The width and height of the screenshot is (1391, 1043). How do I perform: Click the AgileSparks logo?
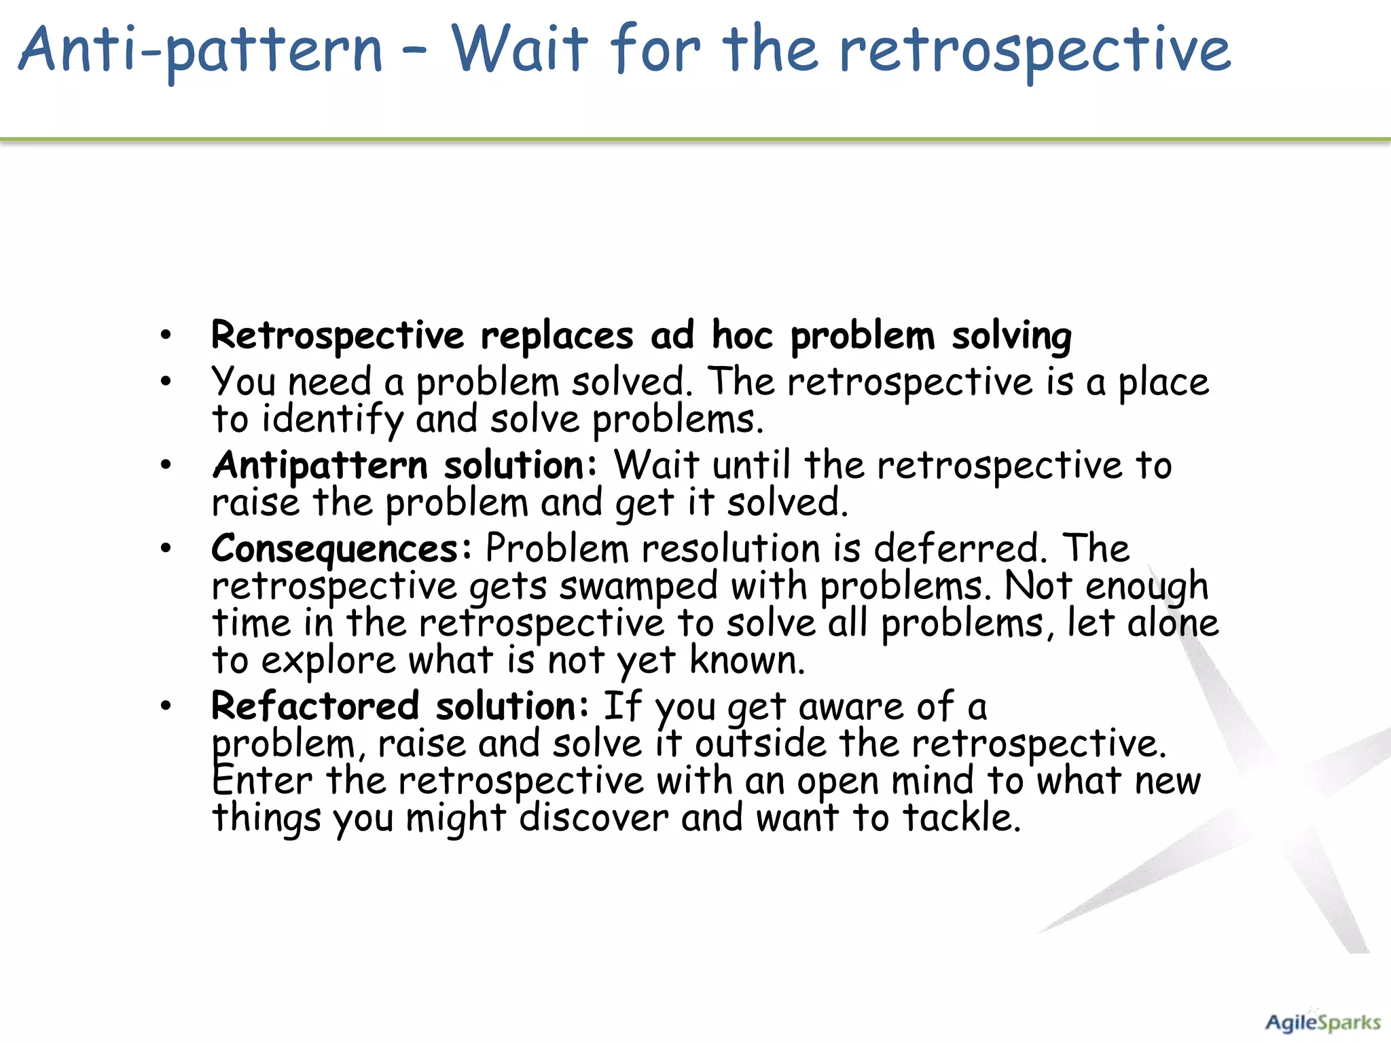[x=1322, y=1023]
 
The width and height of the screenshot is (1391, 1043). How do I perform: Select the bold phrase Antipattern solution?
[x=405, y=466]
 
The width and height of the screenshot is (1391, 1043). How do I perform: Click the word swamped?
[x=638, y=587]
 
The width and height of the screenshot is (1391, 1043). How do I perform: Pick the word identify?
[x=333, y=420]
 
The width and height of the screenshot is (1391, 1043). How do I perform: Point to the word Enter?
[x=262, y=781]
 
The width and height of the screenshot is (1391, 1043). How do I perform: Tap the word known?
[x=747, y=660]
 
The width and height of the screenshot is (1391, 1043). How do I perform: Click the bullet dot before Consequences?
[x=166, y=549]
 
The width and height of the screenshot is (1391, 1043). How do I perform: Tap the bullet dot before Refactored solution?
[x=166, y=706]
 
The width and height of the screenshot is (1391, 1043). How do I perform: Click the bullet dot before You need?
[x=166, y=382]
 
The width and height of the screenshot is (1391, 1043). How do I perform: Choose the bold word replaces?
[x=557, y=335]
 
